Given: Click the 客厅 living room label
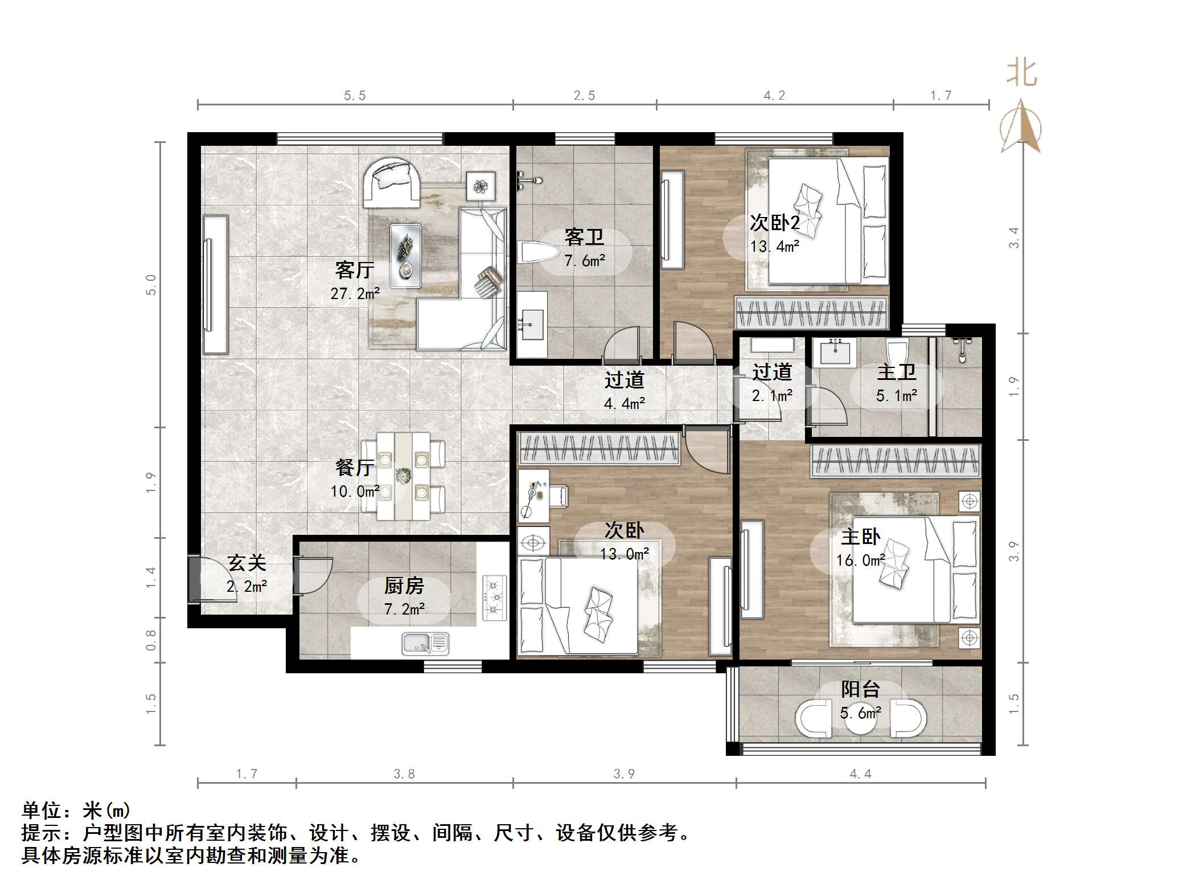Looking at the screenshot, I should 354,270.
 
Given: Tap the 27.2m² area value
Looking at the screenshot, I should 355,294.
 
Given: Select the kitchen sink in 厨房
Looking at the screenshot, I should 425,643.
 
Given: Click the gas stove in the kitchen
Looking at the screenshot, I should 494,598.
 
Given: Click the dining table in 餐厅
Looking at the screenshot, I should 404,476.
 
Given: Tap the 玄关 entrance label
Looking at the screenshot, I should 247,563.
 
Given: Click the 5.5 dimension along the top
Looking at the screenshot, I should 355,96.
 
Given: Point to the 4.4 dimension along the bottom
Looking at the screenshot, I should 860,774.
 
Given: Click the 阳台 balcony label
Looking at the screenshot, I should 860,690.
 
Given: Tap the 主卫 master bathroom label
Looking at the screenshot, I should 896,373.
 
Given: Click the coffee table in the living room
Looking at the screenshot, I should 405,255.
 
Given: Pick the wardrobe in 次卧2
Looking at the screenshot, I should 811,312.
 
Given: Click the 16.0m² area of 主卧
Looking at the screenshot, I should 860,560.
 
